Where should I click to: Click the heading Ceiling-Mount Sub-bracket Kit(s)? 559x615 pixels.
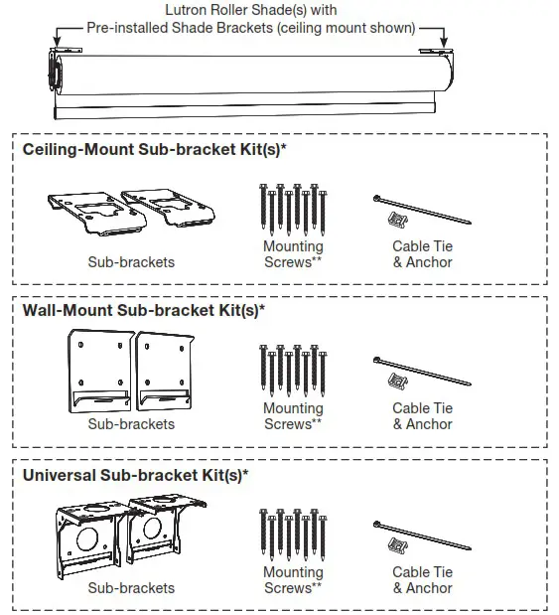click(x=155, y=149)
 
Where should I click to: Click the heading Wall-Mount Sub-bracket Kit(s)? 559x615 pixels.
click(x=144, y=311)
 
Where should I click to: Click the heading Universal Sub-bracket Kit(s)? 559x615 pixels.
click(x=135, y=474)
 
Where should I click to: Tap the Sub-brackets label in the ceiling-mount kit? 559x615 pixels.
click(x=131, y=262)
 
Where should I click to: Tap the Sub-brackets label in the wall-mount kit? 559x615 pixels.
click(x=131, y=424)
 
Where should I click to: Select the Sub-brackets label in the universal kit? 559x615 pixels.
click(x=131, y=588)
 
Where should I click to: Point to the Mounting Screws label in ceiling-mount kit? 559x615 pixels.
click(x=293, y=254)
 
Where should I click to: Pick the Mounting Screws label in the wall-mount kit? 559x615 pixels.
click(x=293, y=416)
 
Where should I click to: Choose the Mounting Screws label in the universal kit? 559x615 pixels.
click(x=293, y=580)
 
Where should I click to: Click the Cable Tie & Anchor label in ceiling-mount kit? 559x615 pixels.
click(x=422, y=254)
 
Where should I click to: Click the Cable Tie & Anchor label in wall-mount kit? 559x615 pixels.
click(x=422, y=416)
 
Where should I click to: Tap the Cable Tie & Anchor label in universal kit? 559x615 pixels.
click(x=422, y=580)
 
